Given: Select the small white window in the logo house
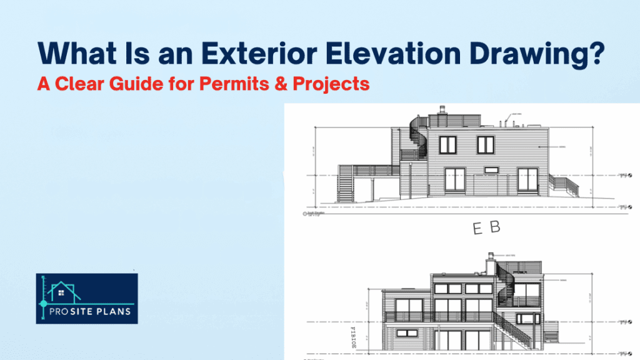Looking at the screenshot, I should (61, 291).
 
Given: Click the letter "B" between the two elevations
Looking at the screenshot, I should (495, 229).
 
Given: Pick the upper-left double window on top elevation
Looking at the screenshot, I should (448, 145).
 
